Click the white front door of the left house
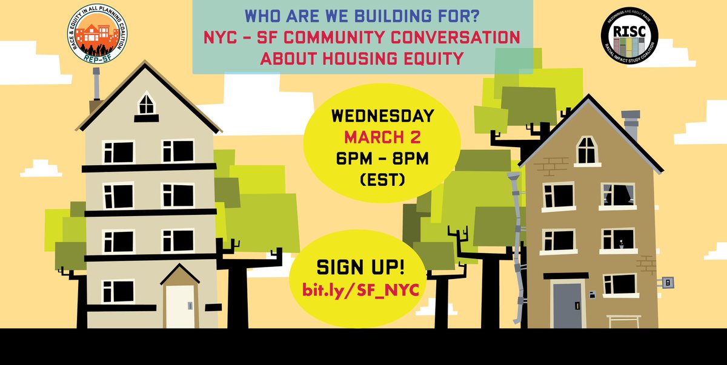pyautogui.click(x=180, y=305)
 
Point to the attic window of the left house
pyautogui.click(x=147, y=104)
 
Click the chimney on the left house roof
pyautogui.click(x=96, y=85)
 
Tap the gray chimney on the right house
pyautogui.click(x=630, y=125)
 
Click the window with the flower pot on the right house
pyautogui.click(x=617, y=240)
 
